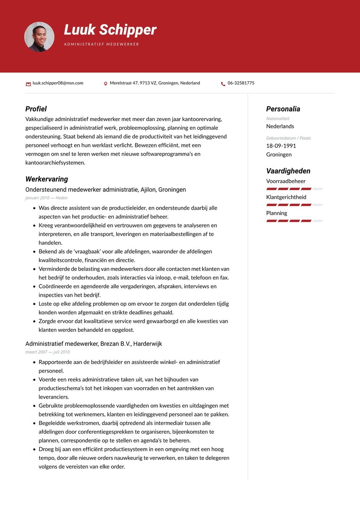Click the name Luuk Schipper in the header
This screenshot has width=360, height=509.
pos(110,30)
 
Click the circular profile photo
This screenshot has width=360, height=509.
pos(39,37)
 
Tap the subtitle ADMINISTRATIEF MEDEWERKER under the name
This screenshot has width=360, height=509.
pos(101,44)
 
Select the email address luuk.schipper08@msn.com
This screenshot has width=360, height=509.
pos(58,83)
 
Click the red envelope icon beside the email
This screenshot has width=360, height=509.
pos(28,84)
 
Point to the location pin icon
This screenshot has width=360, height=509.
pos(106,84)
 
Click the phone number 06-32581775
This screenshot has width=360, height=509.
pos(241,83)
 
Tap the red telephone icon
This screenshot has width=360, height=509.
pos(223,84)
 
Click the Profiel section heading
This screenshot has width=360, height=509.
pos(36,109)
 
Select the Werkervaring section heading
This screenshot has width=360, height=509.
pos(46,179)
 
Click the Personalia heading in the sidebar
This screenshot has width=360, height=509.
pos(283,109)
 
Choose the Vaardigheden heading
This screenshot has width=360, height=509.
pos(288,171)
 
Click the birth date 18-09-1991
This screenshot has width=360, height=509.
pos(281,146)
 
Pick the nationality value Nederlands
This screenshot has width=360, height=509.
pos(280,126)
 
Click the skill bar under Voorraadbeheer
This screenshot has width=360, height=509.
pos(294,189)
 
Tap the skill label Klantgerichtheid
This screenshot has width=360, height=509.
pos(286,197)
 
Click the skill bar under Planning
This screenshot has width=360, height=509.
pos(294,221)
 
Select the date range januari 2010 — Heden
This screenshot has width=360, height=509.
pos(46,198)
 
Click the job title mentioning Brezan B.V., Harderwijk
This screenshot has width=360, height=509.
pos(93,344)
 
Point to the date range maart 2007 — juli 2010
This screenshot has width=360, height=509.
pos(48,352)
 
